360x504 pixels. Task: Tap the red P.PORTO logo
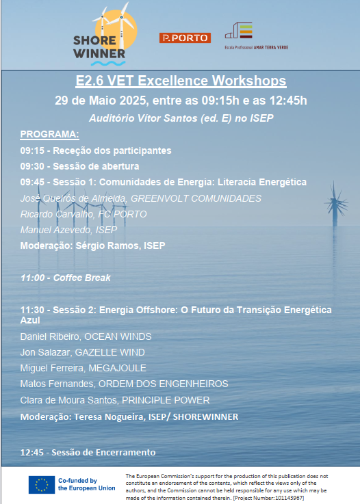(185, 38)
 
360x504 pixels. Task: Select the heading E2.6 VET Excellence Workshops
(181, 81)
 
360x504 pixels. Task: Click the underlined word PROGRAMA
(49, 134)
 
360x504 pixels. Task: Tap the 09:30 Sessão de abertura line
(79, 166)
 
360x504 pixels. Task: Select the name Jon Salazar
(44, 352)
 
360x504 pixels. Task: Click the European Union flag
(42, 485)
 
